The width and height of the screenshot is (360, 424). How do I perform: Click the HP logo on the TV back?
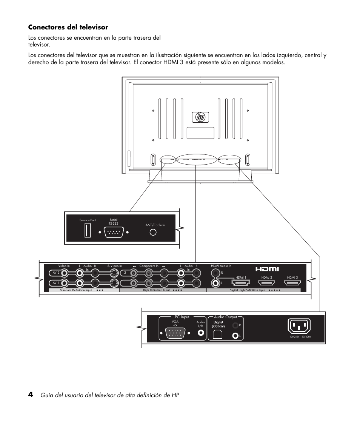200,117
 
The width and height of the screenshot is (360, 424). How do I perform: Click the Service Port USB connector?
88,230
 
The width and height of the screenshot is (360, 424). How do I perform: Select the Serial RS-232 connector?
114,233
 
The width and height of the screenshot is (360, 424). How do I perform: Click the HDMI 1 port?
240,282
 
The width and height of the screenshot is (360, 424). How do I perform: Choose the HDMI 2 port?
266,282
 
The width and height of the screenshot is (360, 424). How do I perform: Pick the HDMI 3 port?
292,282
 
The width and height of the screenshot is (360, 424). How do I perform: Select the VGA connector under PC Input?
175,333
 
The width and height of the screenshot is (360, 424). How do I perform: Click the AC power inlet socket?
300,326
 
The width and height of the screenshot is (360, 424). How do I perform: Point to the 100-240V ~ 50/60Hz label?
300,336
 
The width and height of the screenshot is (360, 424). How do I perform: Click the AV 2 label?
55,272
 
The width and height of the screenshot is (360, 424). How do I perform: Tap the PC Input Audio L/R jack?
201,333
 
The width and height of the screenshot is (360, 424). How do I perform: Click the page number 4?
31,395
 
